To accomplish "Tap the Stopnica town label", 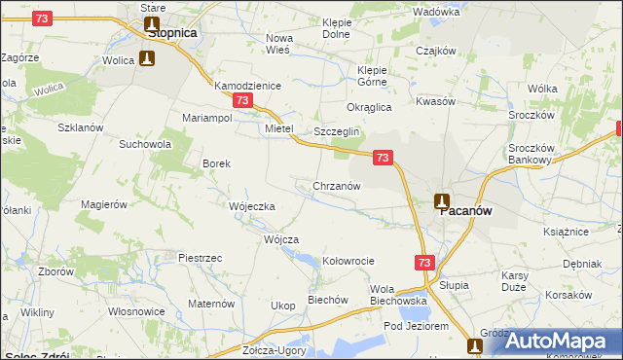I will tap(171, 32).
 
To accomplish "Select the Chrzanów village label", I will tap(337, 186).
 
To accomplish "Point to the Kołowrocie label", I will tap(348, 261).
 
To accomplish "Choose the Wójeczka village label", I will tap(252, 206).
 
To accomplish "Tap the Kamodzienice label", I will tap(247, 86).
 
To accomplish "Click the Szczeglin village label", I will tap(337, 131).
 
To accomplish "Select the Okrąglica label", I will tap(369, 107).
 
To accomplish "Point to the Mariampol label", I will tap(206, 118).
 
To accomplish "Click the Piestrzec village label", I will tap(201, 257).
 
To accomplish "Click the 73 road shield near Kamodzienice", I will tap(243, 100).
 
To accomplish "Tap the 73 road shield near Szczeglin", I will tap(383, 157).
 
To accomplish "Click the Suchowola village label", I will tap(145, 144).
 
